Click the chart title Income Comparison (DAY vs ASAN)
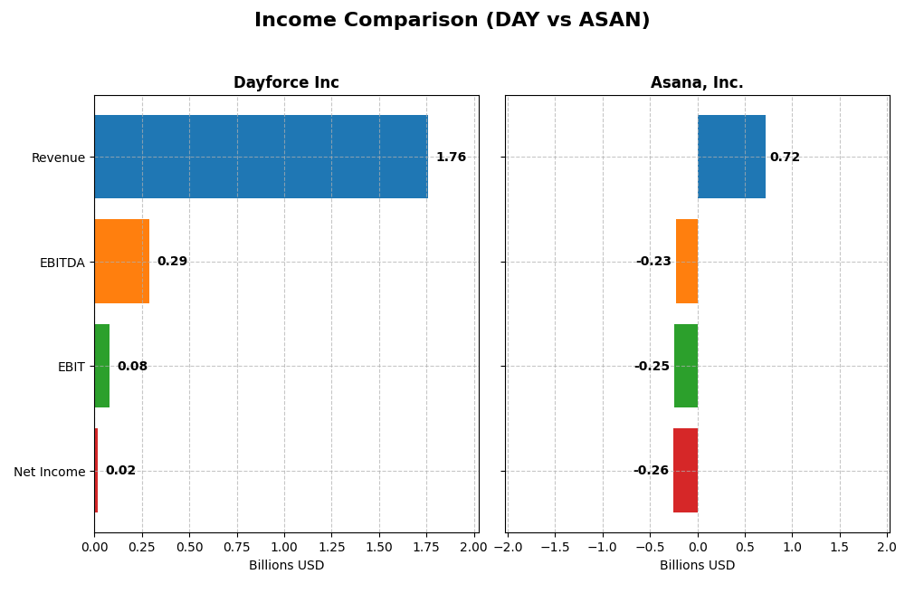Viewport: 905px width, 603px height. click(452, 21)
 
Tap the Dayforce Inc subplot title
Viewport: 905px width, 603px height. click(286, 83)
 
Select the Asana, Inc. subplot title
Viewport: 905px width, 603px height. click(697, 83)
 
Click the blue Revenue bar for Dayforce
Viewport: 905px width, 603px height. click(261, 157)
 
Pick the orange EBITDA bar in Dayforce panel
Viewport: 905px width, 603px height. click(122, 262)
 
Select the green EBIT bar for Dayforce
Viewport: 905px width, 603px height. click(102, 366)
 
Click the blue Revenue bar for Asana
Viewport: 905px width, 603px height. click(731, 157)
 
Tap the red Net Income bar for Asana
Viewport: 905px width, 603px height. click(685, 471)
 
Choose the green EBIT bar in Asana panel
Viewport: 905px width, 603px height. click(686, 366)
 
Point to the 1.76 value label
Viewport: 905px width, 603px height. click(451, 158)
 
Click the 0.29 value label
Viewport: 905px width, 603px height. click(172, 262)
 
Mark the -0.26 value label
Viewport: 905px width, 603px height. click(651, 471)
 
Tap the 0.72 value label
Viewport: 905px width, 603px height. click(785, 158)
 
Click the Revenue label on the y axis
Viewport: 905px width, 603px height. click(58, 158)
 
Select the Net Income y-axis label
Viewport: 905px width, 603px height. click(49, 472)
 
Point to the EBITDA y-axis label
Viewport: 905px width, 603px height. click(62, 263)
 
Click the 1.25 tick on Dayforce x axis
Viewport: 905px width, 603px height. click(331, 548)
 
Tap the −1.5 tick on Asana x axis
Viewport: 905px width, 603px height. click(555, 548)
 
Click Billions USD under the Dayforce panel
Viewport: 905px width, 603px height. click(286, 566)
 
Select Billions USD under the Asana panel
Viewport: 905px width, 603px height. click(697, 566)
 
